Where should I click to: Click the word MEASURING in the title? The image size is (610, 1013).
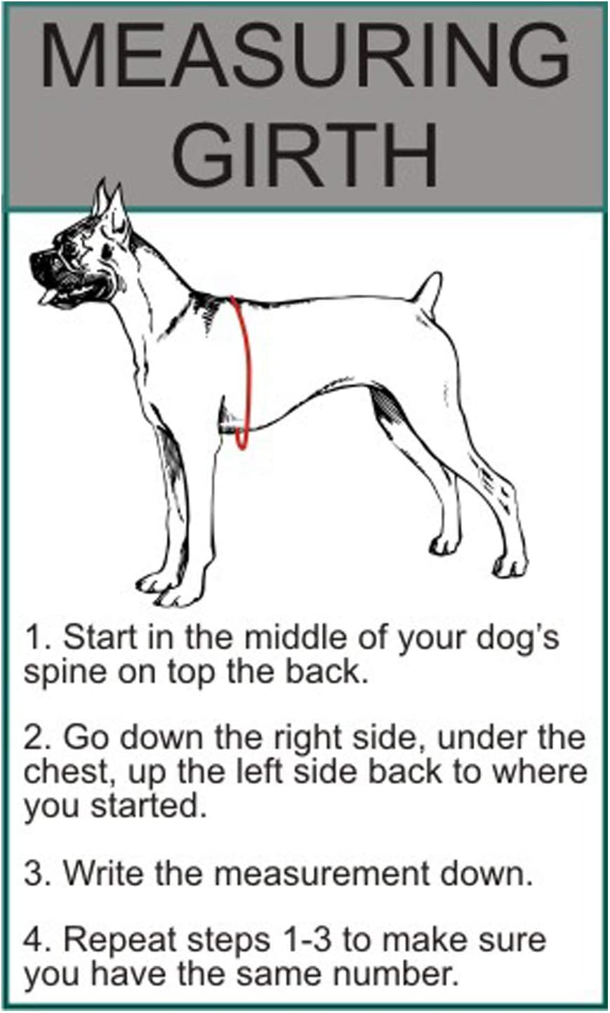click(x=305, y=56)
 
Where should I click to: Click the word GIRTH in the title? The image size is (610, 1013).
click(x=305, y=154)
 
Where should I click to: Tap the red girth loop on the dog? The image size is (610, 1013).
click(x=243, y=372)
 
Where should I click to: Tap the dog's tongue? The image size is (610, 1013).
click(x=46, y=299)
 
